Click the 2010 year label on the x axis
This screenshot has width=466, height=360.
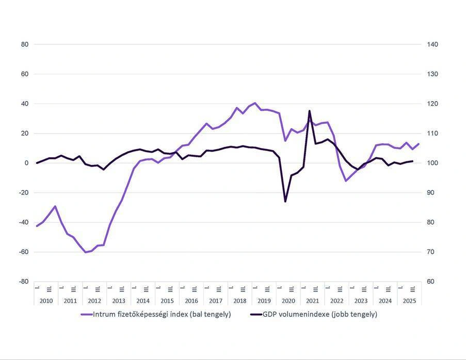tap(46, 301)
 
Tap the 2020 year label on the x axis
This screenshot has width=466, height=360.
tap(288, 301)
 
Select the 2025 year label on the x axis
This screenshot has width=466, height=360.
tap(409, 301)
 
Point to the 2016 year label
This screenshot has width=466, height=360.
tap(191, 301)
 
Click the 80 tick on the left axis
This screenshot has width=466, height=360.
tap(25, 44)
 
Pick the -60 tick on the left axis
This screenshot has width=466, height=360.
tap(23, 252)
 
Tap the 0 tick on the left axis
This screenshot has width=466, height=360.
tap(26, 163)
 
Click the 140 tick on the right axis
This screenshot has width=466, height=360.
tap(432, 44)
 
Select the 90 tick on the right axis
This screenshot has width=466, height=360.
tap(431, 193)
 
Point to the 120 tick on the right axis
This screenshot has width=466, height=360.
tap(432, 104)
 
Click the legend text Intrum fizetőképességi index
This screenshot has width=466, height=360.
tap(162, 314)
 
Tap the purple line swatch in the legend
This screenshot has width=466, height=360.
tap(86, 314)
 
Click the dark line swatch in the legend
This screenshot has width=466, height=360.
tap(255, 314)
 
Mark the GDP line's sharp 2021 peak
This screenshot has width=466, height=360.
tap(310, 110)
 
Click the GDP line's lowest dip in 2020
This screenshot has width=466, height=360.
tap(285, 201)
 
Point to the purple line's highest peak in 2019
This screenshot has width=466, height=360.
tap(255, 103)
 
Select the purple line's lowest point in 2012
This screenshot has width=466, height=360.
tap(86, 252)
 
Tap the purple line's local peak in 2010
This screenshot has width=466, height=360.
tap(55, 206)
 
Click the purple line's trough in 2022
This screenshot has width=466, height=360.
tap(346, 181)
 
